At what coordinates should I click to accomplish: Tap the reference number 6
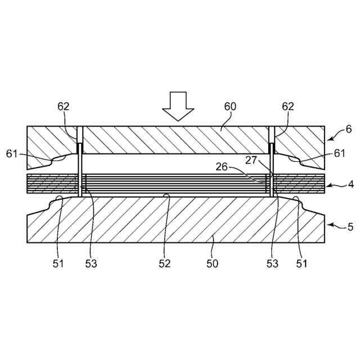[349, 129]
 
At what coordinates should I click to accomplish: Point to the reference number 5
[350, 227]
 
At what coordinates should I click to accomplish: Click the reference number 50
[213, 263]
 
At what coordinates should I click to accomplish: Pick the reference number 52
[164, 263]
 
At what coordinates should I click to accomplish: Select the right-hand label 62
[288, 107]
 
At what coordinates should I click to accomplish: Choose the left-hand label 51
[58, 263]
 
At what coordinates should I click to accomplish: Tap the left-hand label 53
[91, 263]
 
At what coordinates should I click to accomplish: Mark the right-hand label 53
[272, 263]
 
